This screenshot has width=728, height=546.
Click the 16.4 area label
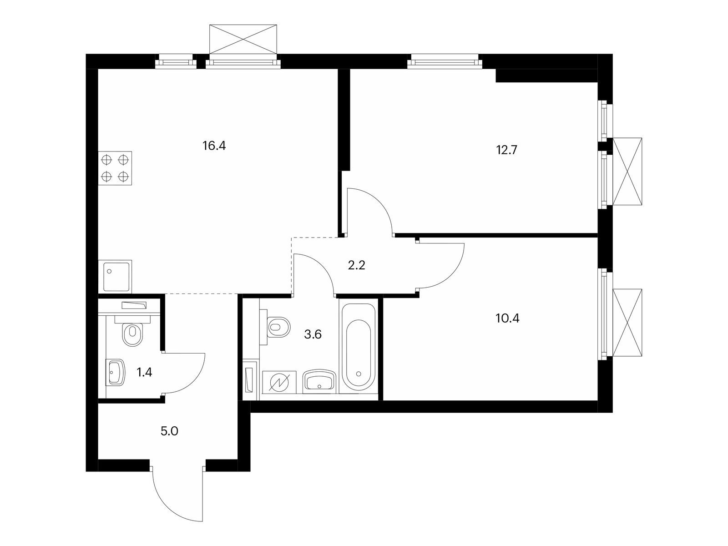[x=214, y=146]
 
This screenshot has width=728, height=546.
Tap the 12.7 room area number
[x=506, y=150]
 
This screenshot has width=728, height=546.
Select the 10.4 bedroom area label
[x=507, y=318]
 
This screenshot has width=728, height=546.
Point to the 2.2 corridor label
[x=357, y=265]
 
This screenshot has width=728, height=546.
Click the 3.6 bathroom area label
[x=313, y=334]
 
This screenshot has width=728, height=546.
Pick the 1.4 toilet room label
[x=144, y=372]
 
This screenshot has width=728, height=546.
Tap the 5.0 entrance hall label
[x=169, y=431]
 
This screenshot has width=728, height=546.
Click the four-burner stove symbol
[x=115, y=168]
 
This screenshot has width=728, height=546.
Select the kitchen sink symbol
[x=115, y=277]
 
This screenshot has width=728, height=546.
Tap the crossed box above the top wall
[x=243, y=39]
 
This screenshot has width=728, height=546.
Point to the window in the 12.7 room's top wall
[x=445, y=62]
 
